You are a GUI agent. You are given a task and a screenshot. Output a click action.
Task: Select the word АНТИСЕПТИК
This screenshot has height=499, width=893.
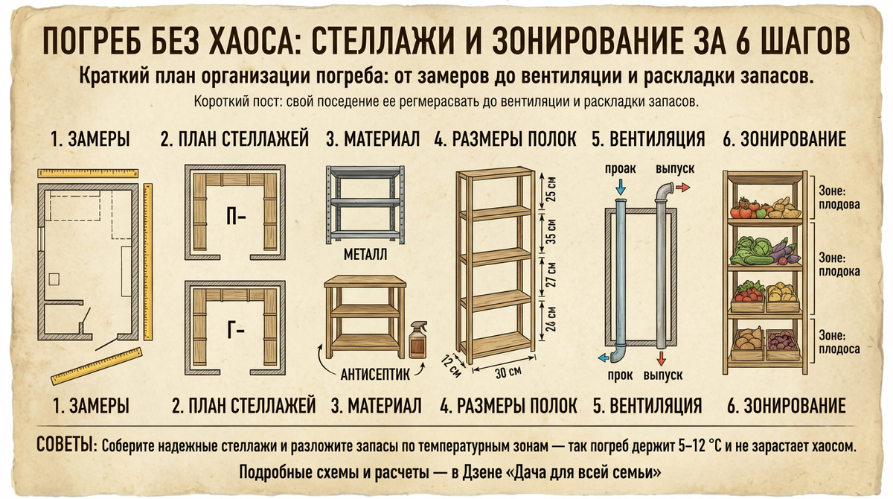point(368,375)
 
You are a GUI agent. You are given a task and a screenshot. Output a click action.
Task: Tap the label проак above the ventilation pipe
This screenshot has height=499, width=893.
point(618,169)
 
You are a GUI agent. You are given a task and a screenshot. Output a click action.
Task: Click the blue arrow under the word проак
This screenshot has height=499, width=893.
point(620,186)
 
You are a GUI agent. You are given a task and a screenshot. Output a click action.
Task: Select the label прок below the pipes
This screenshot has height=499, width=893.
point(620,375)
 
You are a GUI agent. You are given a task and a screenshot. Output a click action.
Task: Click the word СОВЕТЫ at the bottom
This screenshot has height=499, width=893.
point(65,445)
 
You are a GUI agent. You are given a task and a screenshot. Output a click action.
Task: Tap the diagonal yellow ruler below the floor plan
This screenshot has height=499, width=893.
point(96,364)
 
